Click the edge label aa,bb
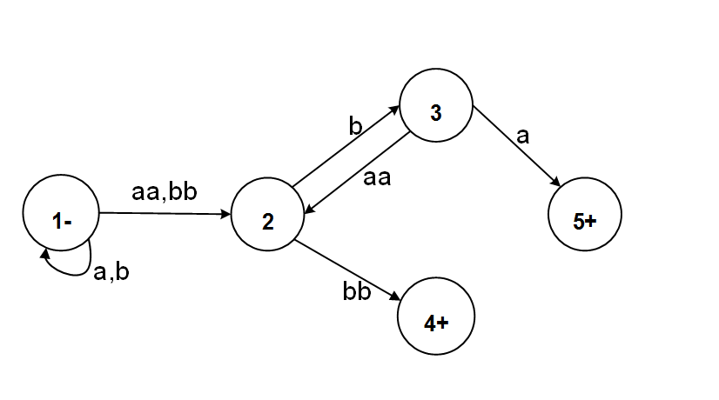pos(165,193)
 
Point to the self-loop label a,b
pos(111,271)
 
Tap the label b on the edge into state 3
pos(354,126)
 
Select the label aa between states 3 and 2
pos(376,180)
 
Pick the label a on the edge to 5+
pos(522,136)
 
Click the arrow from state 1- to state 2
pos(165,213)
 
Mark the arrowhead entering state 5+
pos(554,183)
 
